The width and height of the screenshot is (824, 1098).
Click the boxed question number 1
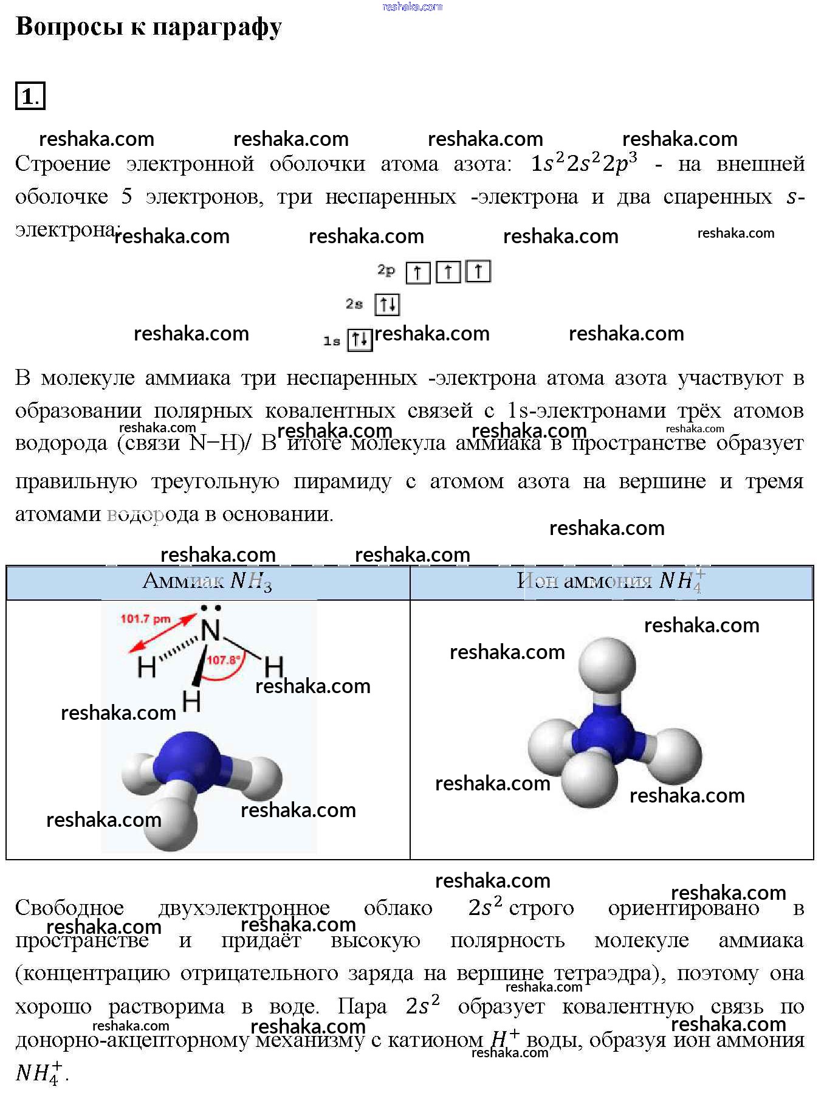tap(30, 96)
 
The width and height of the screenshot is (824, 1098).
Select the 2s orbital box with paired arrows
tap(387, 304)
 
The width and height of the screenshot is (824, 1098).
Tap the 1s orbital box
tap(359, 339)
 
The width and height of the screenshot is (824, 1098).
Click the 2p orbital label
tap(386, 269)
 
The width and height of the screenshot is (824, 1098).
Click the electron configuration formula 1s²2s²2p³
tap(584, 163)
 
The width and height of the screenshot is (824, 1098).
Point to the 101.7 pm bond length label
tap(145, 619)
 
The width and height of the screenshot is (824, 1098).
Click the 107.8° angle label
tap(223, 660)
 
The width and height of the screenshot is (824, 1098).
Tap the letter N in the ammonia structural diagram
tap(211, 630)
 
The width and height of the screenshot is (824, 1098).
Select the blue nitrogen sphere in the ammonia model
tap(188, 760)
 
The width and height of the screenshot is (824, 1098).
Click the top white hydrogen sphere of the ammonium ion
tap(606, 665)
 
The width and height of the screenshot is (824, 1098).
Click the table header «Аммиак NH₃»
tap(207, 581)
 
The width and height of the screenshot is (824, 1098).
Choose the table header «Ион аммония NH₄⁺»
tap(611, 581)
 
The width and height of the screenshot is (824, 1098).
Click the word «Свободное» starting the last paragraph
tap(69, 908)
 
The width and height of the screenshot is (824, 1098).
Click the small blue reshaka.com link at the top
tap(412, 7)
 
